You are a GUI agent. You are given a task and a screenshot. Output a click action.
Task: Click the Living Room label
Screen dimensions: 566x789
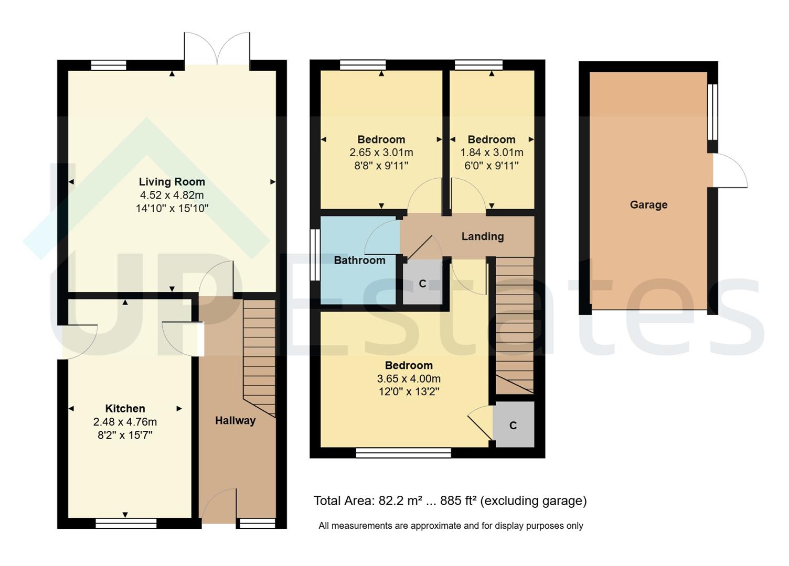click(x=172, y=182)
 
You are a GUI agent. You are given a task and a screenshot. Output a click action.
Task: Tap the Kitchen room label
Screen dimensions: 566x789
click(x=125, y=409)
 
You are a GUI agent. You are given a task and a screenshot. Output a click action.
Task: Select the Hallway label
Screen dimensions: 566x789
click(x=235, y=420)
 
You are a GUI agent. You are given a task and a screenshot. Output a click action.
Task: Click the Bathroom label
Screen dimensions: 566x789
click(x=359, y=260)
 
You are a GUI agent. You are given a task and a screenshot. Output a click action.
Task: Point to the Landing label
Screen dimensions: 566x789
click(x=482, y=236)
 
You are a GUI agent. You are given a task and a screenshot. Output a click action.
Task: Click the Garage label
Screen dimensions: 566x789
click(x=648, y=205)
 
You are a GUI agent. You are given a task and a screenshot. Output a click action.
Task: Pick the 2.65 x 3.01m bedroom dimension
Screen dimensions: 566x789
click(x=381, y=153)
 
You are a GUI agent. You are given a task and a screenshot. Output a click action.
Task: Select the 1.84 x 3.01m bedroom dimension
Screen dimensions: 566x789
click(x=492, y=153)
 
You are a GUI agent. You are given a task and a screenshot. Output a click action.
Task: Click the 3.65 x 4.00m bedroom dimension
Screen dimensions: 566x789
click(x=409, y=378)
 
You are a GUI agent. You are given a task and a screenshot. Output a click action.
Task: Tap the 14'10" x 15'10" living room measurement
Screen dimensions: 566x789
click(x=172, y=209)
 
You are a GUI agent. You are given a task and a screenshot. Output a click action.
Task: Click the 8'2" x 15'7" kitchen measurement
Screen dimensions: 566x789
click(x=125, y=435)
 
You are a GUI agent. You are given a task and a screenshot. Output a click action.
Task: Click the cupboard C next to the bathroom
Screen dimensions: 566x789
click(x=422, y=284)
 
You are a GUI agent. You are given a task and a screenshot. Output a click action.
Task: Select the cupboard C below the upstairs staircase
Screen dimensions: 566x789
click(x=513, y=426)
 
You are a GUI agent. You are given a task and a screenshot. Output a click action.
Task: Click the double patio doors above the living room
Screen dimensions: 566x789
click(x=217, y=49)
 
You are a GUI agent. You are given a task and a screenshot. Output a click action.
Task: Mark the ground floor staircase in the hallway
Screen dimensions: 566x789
click(x=259, y=356)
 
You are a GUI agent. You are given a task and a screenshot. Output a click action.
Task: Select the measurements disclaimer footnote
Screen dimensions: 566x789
click(x=451, y=526)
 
